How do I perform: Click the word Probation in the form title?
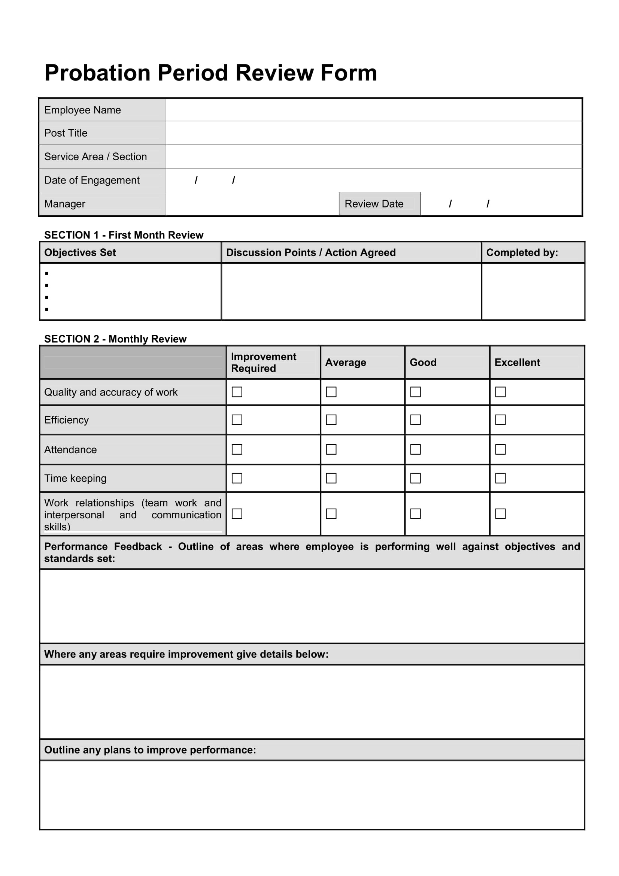click(97, 73)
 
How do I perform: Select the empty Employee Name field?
click(373, 110)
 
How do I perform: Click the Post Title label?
click(66, 133)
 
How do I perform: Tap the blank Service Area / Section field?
click(373, 157)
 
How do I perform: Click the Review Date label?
click(374, 204)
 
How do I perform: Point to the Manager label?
click(64, 204)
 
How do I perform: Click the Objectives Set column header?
click(80, 252)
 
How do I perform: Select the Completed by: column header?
click(522, 252)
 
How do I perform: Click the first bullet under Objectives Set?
click(46, 273)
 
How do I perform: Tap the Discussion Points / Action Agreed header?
click(310, 252)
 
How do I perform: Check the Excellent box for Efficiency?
click(500, 420)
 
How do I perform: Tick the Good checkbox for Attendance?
click(415, 449)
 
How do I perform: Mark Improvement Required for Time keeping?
click(237, 478)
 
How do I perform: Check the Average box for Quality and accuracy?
click(331, 392)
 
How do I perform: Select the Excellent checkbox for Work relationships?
click(500, 513)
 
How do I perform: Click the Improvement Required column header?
click(263, 363)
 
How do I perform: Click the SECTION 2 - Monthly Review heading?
click(115, 339)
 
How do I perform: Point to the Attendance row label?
click(70, 449)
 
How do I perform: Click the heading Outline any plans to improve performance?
click(150, 750)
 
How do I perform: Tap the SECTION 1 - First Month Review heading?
click(124, 235)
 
